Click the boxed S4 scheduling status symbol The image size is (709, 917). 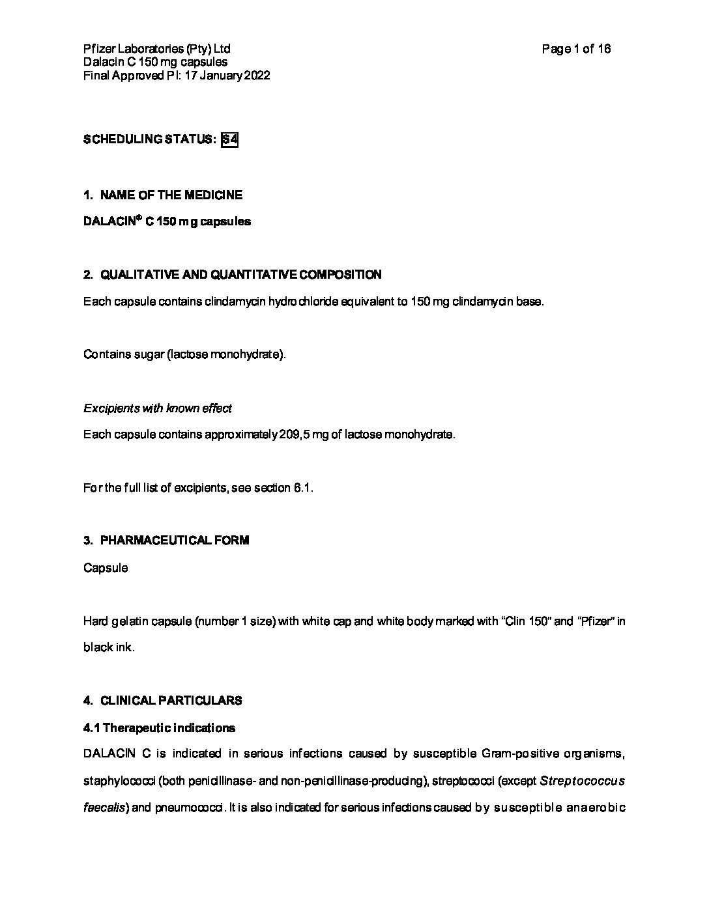(x=229, y=139)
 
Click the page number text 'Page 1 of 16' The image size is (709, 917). (x=576, y=49)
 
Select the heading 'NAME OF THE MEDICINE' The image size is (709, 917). (x=171, y=195)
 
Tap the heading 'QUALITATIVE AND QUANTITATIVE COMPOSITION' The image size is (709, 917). (x=240, y=275)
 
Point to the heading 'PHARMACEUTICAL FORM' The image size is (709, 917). (x=175, y=541)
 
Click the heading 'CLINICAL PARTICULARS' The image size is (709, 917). (x=171, y=701)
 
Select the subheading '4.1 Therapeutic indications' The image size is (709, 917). (x=159, y=727)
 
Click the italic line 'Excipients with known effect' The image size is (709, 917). (x=158, y=408)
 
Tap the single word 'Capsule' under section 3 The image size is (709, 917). (x=106, y=568)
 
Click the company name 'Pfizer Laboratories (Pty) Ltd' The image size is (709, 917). (x=156, y=49)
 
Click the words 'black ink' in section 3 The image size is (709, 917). (x=108, y=648)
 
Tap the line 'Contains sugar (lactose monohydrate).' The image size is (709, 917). (x=184, y=355)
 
